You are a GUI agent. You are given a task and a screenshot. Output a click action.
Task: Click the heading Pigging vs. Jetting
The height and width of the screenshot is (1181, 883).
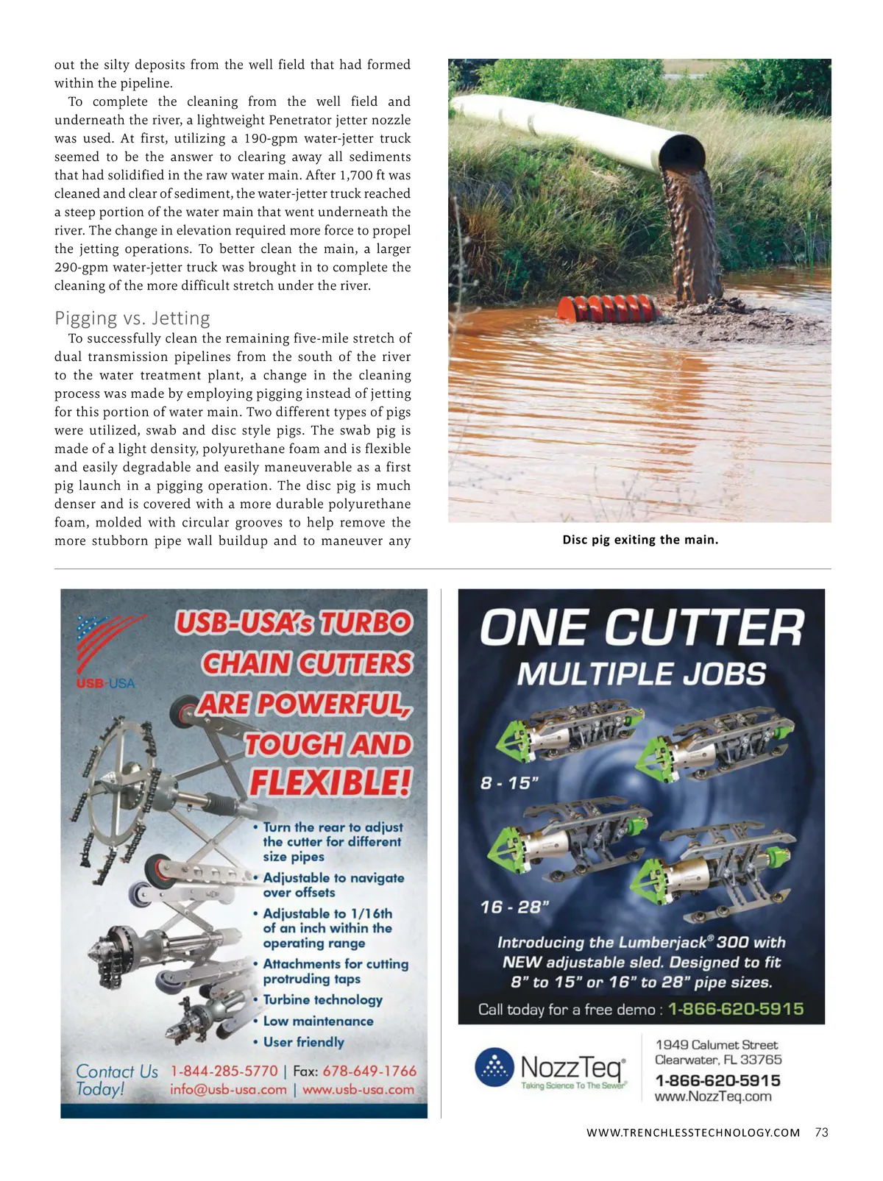click(x=132, y=318)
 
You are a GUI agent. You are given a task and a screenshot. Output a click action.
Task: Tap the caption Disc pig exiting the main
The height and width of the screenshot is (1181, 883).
click(x=640, y=540)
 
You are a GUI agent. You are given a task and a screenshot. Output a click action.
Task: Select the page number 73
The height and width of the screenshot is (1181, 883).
click(x=822, y=1132)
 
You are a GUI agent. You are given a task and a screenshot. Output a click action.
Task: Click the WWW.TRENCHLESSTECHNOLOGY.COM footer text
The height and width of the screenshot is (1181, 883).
click(x=693, y=1133)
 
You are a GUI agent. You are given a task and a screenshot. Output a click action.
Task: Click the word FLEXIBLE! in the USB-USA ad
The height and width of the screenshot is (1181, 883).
click(x=330, y=782)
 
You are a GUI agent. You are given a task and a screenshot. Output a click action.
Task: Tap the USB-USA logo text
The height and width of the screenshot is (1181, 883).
click(x=106, y=684)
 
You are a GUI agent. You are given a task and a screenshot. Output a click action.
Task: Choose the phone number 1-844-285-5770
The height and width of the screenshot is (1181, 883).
click(x=224, y=1071)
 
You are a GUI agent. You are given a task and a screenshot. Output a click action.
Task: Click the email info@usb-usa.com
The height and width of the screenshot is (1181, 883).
click(x=228, y=1090)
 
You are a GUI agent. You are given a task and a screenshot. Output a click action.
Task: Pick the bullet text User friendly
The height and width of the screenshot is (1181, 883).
click(x=304, y=1042)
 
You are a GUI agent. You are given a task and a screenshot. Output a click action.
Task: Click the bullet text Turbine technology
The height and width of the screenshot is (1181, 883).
click(x=323, y=1000)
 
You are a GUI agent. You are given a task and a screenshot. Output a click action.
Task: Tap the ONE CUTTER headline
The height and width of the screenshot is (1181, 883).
click(x=642, y=629)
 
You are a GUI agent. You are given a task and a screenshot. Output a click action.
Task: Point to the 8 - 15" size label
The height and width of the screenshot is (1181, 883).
click(x=509, y=783)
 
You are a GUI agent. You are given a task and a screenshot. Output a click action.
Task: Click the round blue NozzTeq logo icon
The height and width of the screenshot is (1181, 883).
click(x=494, y=1067)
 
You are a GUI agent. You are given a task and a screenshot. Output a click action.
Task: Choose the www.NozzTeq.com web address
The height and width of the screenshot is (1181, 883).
click(x=713, y=1096)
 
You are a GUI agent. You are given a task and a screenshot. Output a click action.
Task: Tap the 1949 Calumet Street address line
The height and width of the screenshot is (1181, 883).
click(x=716, y=1045)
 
